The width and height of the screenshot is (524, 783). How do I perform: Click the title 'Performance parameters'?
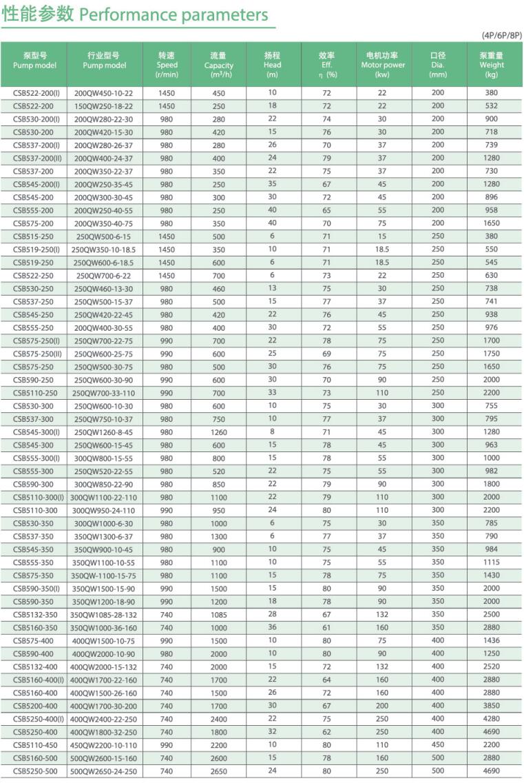[174, 14]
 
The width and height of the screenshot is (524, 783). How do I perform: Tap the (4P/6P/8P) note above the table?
[501, 35]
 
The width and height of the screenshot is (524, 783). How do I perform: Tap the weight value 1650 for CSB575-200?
[492, 223]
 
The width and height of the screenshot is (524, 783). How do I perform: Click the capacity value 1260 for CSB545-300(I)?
[218, 431]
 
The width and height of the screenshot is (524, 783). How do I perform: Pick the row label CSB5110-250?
[34, 392]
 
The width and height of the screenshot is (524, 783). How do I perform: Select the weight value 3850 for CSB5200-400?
[492, 705]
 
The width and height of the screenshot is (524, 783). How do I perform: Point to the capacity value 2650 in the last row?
[218, 771]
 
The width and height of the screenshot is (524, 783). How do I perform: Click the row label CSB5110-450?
[34, 744]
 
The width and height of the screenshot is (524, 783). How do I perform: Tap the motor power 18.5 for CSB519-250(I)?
[383, 249]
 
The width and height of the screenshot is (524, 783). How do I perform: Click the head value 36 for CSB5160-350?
[273, 627]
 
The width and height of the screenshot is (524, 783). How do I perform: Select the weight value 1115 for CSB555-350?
[492, 562]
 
